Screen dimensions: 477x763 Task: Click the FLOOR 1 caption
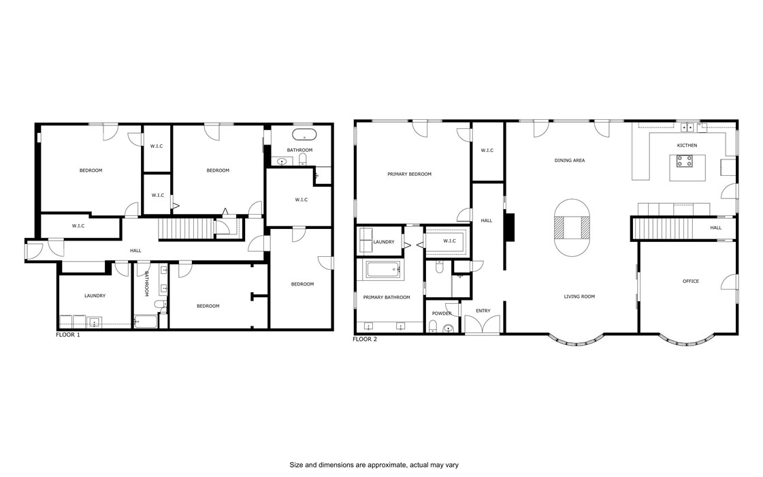tap(67, 335)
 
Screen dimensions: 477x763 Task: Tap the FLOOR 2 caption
tap(365, 339)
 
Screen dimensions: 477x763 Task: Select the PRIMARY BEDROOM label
tap(409, 174)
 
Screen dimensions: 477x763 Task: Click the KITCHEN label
tap(687, 145)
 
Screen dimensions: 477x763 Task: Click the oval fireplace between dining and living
tap(570, 228)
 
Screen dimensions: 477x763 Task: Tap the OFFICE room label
tap(690, 281)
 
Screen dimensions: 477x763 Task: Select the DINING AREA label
tap(570, 161)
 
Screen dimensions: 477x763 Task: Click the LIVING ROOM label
tap(579, 296)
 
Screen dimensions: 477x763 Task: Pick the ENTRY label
tap(483, 311)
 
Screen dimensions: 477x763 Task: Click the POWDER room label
tap(442, 313)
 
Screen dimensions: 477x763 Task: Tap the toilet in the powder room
tap(448, 328)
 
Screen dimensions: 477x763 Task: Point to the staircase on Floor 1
tap(185, 228)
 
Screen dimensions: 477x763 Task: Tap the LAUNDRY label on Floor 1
tap(95, 296)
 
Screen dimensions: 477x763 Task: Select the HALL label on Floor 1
tap(136, 251)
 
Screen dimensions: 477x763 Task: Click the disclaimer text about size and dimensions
tap(374, 465)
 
